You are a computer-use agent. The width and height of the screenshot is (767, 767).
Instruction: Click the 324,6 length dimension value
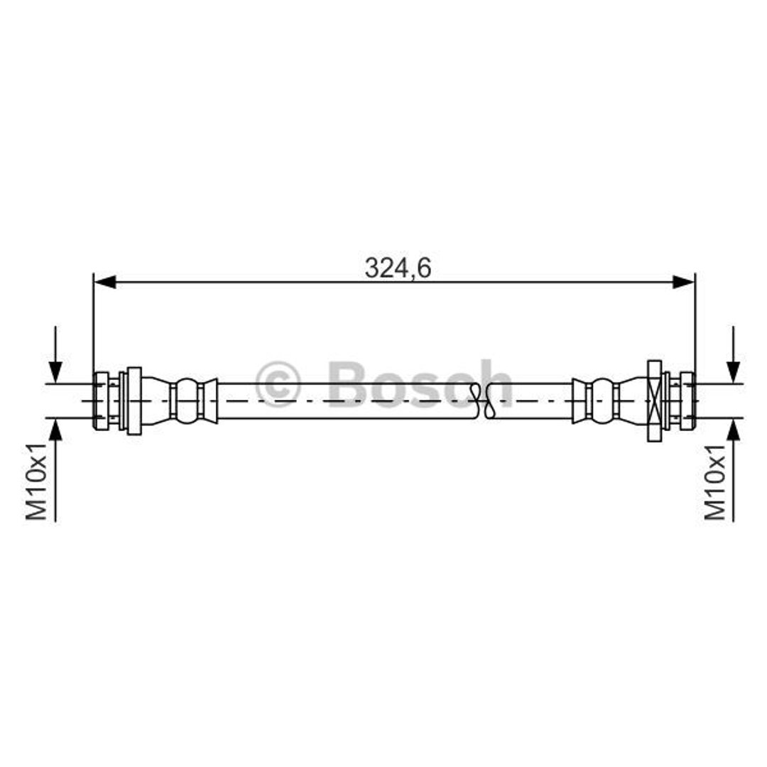pos(398,268)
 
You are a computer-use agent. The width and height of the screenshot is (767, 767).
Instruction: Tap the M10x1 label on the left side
pos(37,482)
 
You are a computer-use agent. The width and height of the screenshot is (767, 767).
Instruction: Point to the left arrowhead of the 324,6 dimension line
pos(104,282)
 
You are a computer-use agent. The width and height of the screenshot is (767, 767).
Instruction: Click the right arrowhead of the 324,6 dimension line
pos(683,282)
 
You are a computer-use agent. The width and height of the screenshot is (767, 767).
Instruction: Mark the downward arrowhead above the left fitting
pos(55,372)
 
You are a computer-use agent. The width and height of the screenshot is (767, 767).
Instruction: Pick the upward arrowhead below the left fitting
pos(55,430)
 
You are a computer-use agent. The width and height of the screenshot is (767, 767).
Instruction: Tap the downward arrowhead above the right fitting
pos(733,372)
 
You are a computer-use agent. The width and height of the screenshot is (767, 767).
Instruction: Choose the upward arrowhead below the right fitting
pos(733,430)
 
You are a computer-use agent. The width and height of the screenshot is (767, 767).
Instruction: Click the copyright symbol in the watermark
pos(278,384)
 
